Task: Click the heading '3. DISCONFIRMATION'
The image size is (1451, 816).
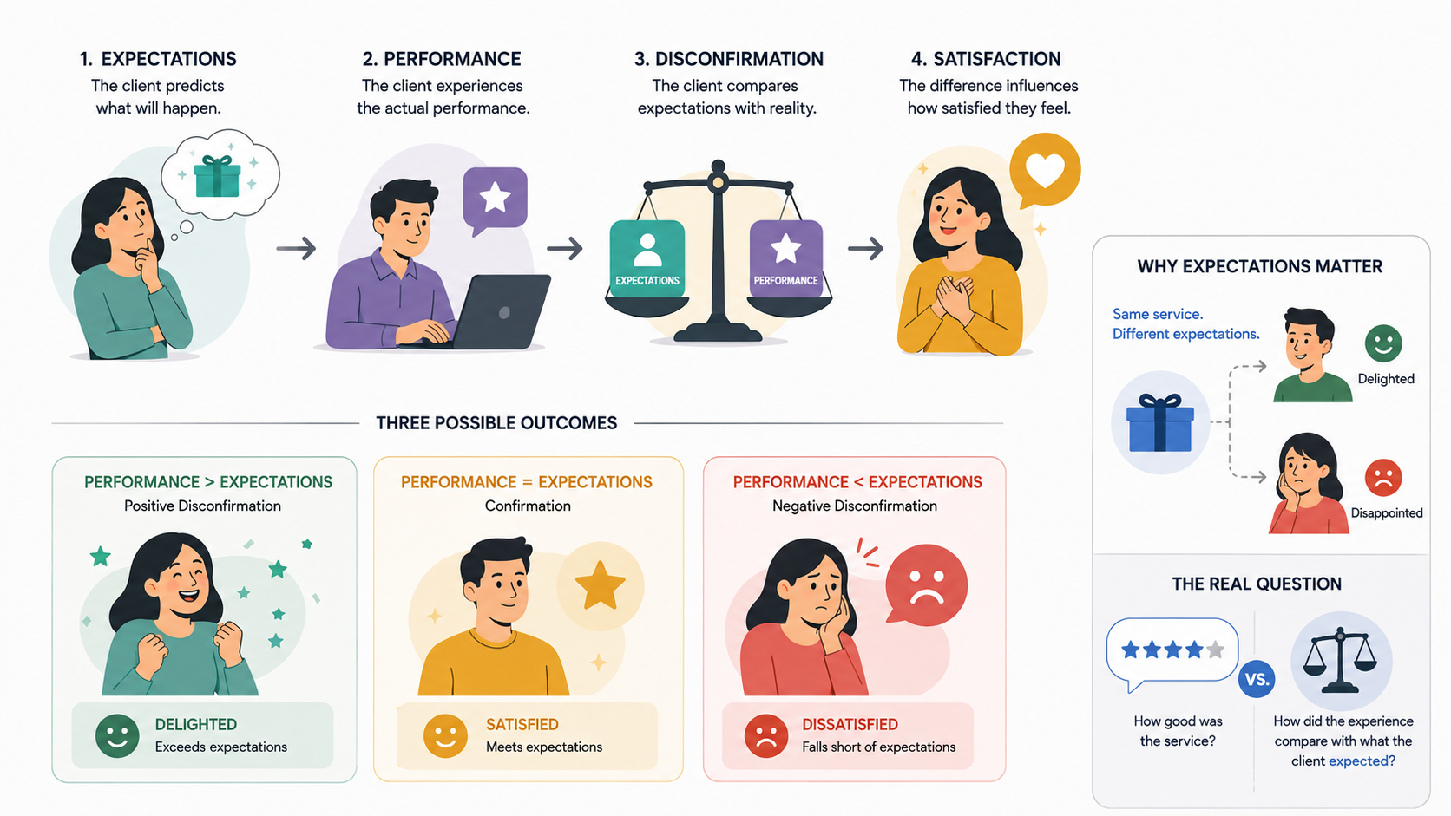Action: (x=729, y=59)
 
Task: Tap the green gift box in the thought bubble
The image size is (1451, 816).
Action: (x=218, y=176)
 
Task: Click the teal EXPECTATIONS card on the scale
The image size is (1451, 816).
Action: (x=647, y=258)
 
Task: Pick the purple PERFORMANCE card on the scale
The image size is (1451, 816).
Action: (x=785, y=258)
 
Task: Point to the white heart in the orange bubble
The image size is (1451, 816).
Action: (x=1045, y=170)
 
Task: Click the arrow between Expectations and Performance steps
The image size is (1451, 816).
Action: (x=296, y=249)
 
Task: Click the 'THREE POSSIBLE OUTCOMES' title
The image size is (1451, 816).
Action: (x=496, y=423)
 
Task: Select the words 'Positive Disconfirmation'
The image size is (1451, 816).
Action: (x=203, y=506)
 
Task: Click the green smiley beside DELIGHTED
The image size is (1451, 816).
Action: (x=117, y=735)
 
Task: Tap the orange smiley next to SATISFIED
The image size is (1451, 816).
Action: (x=445, y=735)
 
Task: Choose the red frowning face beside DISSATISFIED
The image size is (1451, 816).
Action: (x=766, y=735)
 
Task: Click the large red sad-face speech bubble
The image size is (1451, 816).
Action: (x=926, y=585)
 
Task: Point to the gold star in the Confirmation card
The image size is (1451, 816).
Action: (x=600, y=585)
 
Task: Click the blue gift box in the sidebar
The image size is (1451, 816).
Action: (x=1160, y=422)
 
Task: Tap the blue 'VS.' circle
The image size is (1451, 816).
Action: (x=1257, y=680)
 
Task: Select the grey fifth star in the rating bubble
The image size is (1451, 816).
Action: (x=1215, y=649)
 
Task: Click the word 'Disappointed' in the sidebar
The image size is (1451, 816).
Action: (x=1387, y=513)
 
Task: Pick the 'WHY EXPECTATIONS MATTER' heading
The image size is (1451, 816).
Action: (x=1260, y=266)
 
